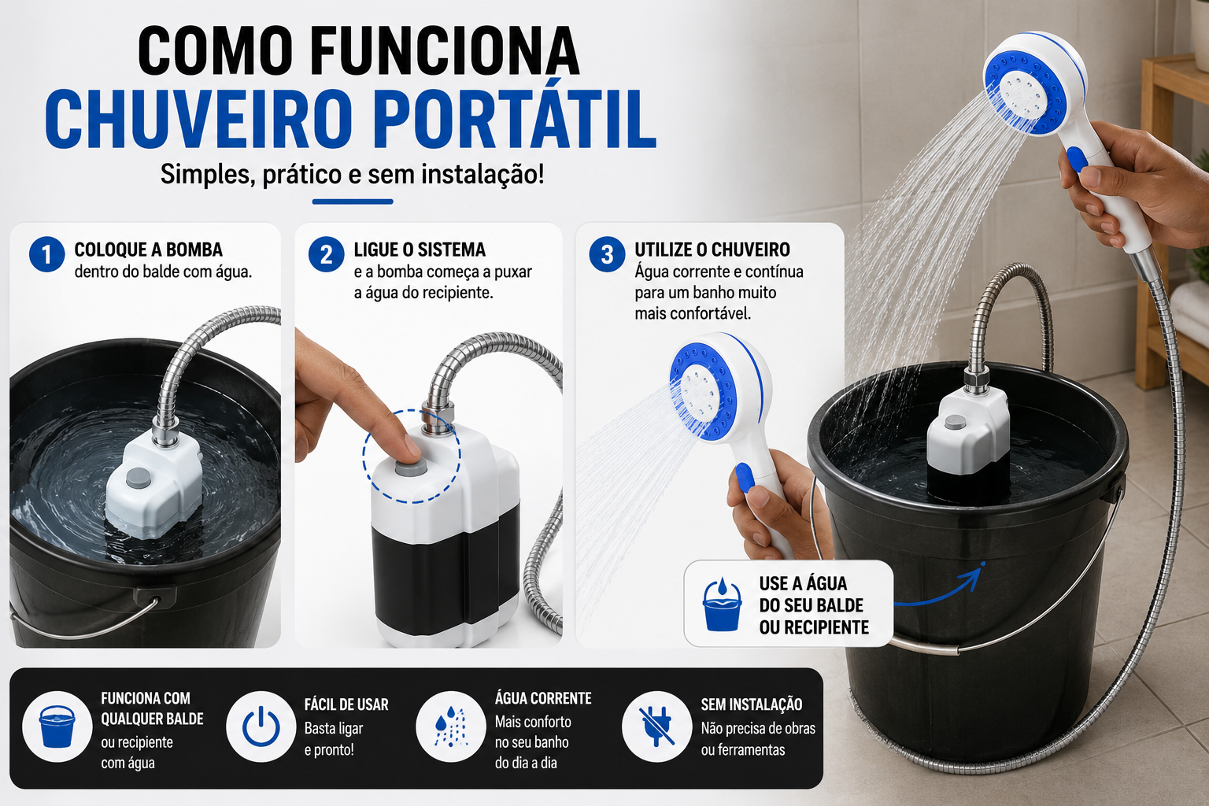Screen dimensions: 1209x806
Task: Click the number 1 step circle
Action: click(x=47, y=254)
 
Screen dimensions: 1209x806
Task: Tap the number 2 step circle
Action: click(x=327, y=254)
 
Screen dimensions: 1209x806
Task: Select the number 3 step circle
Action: click(x=607, y=254)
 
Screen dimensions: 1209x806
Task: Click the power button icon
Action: click(x=261, y=727)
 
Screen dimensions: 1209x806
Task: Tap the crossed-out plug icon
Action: click(x=657, y=727)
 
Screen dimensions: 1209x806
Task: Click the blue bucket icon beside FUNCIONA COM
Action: click(x=57, y=727)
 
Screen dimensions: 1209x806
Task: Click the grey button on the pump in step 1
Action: click(x=139, y=478)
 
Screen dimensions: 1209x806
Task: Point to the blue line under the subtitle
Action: click(x=353, y=202)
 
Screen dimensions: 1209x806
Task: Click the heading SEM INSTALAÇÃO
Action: click(x=752, y=704)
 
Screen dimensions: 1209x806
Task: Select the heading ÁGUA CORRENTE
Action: click(x=543, y=699)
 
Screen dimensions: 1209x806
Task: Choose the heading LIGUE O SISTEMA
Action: click(x=420, y=250)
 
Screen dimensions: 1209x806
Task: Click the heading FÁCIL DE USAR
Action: click(x=346, y=704)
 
